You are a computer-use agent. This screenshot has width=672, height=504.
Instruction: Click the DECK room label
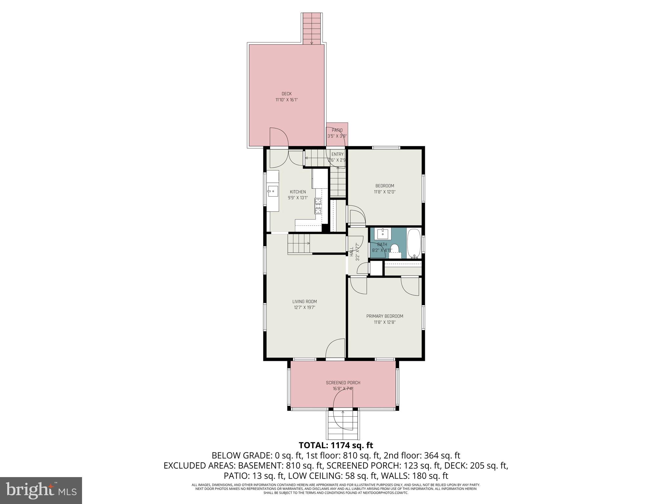(286, 94)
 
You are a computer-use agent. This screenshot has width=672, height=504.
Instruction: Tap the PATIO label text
(337, 130)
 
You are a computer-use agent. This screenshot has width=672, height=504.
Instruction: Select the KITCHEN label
(298, 192)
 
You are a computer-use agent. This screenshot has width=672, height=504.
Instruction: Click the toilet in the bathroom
(395, 249)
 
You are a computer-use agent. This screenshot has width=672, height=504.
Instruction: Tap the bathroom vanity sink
(383, 234)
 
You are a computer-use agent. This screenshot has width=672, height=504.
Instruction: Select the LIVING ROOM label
(304, 302)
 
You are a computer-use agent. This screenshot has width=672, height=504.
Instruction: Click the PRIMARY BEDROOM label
(385, 316)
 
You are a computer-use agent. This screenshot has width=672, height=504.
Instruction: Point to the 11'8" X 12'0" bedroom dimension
(385, 192)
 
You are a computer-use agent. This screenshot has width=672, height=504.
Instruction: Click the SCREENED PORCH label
(343, 383)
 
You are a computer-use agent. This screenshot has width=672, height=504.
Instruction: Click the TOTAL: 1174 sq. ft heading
(336, 445)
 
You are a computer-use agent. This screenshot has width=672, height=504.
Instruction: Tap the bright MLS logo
(41, 490)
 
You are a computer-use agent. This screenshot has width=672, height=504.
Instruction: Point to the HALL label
(351, 252)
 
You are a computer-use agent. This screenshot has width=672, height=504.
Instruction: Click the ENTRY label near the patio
(337, 154)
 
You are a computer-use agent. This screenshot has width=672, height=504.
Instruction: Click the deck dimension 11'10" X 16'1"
(286, 100)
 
